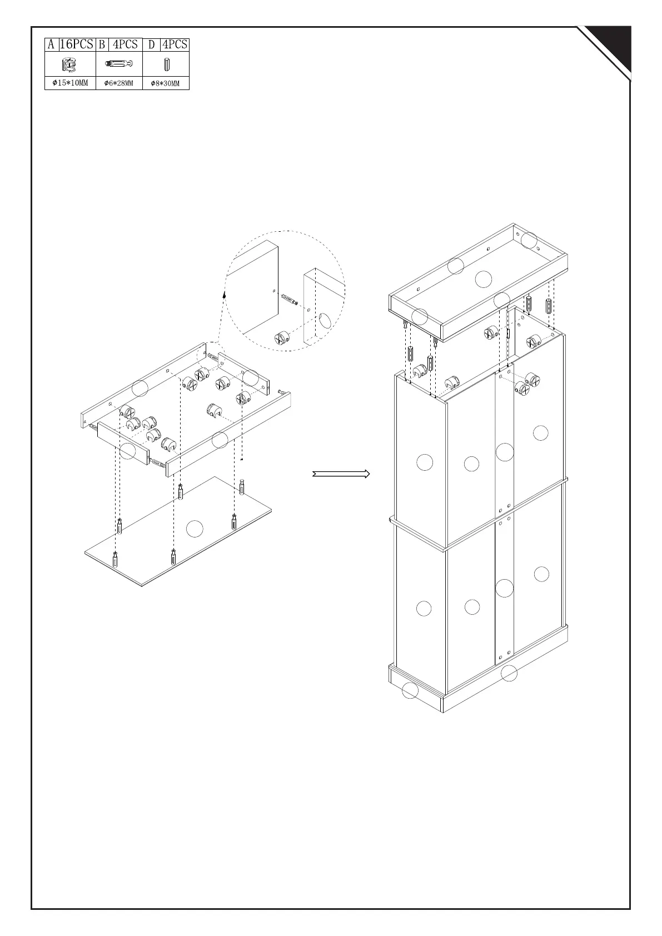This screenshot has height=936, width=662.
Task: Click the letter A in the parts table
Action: pyautogui.click(x=51, y=44)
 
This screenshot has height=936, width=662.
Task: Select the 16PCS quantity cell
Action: pyautogui.click(x=77, y=44)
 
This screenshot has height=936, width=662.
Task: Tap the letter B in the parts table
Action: pyautogui.click(x=102, y=44)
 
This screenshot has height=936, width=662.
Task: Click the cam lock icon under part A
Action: pyautogui.click(x=69, y=65)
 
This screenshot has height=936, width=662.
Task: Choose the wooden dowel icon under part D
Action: pyautogui.click(x=166, y=65)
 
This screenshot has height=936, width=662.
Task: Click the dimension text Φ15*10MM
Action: pyautogui.click(x=70, y=83)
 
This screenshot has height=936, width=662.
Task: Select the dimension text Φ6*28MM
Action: pyautogui.click(x=119, y=83)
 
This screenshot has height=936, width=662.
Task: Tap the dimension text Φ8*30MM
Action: pyautogui.click(x=166, y=83)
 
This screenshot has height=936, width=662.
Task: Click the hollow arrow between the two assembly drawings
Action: pyautogui.click(x=341, y=474)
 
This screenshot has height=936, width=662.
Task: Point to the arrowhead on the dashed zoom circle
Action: pyautogui.click(x=224, y=295)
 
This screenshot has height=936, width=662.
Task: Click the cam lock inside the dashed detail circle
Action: pyautogui.click(x=282, y=337)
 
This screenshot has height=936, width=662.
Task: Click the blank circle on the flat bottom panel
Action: pyautogui.click(x=195, y=529)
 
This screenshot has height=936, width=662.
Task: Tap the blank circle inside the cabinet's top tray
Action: pyautogui.click(x=484, y=278)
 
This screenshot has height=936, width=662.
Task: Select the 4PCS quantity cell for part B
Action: pyautogui.click(x=125, y=44)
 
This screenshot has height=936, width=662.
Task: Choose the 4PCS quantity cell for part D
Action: pyautogui.click(x=175, y=44)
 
